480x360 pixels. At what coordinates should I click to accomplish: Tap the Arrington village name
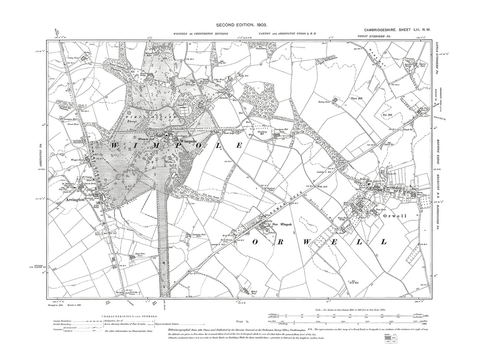tap(76, 196)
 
